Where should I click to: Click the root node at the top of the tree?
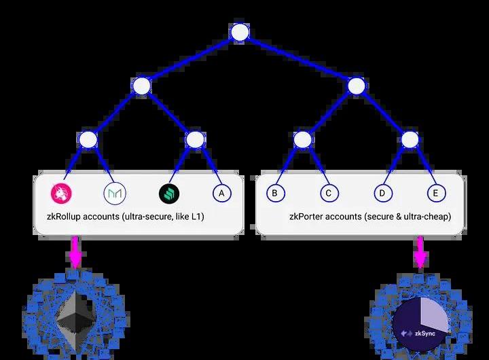(x=240, y=32)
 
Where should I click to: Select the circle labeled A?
(x=221, y=193)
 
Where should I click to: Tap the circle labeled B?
(x=275, y=193)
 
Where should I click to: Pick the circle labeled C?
(x=329, y=193)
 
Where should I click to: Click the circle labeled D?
(x=383, y=193)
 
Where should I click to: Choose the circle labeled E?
(x=436, y=193)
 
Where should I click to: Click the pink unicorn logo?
(x=61, y=193)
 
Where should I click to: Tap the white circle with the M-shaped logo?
(x=115, y=194)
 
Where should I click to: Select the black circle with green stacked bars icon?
(x=169, y=194)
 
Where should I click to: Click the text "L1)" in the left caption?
(x=198, y=216)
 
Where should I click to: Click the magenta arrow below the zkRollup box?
(x=75, y=252)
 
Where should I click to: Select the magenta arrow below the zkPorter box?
(x=420, y=252)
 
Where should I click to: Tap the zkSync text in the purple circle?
(x=424, y=334)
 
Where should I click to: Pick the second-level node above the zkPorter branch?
(x=357, y=86)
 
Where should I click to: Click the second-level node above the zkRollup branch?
(x=141, y=86)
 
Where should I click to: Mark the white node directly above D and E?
(x=410, y=139)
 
